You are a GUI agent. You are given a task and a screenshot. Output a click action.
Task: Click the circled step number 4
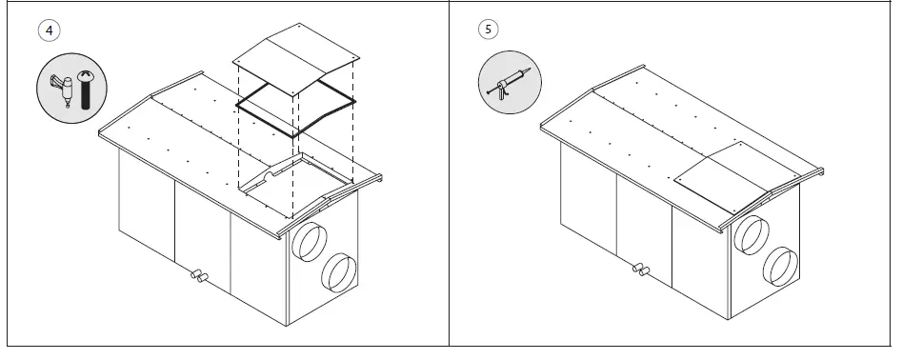coord(48,30)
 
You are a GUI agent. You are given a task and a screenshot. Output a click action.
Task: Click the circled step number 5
coord(488,30)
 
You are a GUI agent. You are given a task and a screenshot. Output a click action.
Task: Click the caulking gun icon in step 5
coord(508,84)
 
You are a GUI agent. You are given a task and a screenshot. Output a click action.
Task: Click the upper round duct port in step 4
coord(311,241)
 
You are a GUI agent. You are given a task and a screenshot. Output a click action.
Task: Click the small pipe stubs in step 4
coord(199,277)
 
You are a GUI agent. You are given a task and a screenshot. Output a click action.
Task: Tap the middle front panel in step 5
coord(644,217)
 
